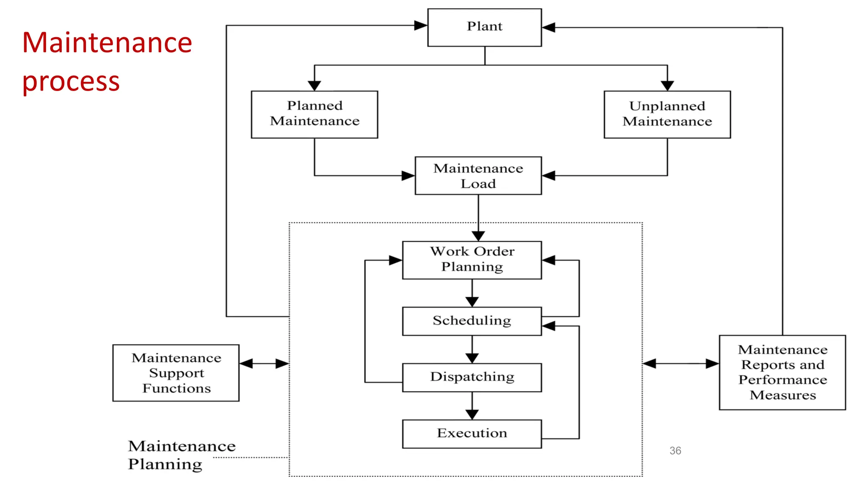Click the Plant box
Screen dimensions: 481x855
point(484,27)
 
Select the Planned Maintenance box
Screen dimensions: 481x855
point(314,114)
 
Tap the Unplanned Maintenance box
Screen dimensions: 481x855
point(667,114)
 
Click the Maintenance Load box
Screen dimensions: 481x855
point(478,175)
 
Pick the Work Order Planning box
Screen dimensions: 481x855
point(472,260)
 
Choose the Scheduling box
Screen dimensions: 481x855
point(472,321)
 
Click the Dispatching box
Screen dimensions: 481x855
point(472,377)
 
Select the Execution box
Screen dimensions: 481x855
point(472,433)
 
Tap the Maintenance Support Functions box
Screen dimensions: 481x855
point(176,372)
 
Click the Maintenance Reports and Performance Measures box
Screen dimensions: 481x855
point(782,372)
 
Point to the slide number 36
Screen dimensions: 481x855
point(675,451)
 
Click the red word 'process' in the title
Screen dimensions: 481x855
point(71,81)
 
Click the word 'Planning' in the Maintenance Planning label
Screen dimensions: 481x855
point(165,464)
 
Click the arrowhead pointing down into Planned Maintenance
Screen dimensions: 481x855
point(314,86)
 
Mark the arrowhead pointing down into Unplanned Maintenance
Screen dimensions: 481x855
point(667,86)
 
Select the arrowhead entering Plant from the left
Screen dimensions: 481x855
point(421,25)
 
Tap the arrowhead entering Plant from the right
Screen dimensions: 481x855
point(549,28)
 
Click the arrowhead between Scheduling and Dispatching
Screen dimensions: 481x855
point(472,358)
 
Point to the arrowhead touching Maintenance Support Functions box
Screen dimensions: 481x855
point(246,364)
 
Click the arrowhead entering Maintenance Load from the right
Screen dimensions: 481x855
point(549,175)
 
